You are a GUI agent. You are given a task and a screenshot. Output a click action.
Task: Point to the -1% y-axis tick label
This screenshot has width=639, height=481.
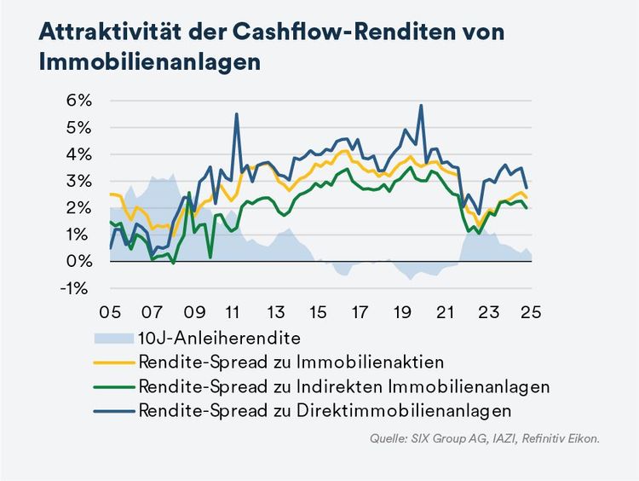pos(76,287)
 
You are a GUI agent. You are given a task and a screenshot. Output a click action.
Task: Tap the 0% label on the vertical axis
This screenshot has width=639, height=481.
pos(78,261)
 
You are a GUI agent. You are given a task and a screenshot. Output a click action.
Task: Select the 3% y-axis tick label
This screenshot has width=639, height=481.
pos(78,181)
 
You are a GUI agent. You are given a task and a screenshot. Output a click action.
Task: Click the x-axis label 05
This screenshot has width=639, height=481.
pos(111,311)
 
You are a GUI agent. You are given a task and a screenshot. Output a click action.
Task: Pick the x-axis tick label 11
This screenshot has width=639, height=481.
pos(235,311)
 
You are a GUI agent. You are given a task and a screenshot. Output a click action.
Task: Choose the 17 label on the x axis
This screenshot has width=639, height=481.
pos(361,311)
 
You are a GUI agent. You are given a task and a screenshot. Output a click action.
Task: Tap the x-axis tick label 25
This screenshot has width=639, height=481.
pos(530,311)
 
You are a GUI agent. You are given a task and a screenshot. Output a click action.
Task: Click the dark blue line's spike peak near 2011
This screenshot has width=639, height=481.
pos(236,114)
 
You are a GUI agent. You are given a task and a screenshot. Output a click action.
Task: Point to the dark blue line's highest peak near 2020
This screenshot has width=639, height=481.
pos(421,106)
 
